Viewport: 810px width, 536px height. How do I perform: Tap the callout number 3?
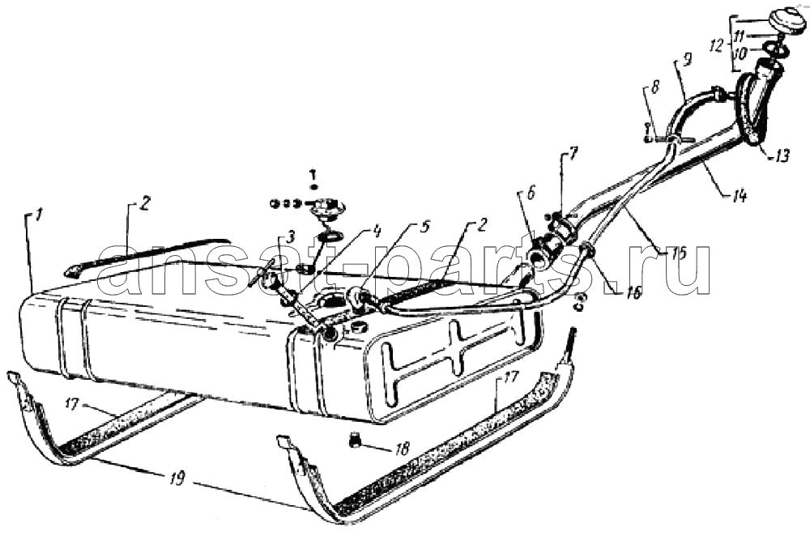tap(291, 238)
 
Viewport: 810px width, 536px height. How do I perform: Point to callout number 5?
tap(424, 228)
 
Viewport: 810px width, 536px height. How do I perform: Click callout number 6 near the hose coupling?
tap(530, 192)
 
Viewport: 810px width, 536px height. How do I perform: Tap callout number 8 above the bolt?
tap(654, 87)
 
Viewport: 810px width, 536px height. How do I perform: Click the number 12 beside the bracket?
tap(717, 46)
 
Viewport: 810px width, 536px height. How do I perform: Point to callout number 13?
tap(782, 155)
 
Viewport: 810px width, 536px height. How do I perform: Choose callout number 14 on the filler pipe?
tap(740, 195)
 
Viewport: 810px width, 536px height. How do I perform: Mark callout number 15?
tap(678, 253)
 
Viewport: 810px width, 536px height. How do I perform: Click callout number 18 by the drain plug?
tap(402, 449)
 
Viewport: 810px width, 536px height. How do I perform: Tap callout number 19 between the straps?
tap(176, 479)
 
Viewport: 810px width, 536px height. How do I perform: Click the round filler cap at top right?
tap(787, 22)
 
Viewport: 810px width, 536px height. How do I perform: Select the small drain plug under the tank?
tap(354, 440)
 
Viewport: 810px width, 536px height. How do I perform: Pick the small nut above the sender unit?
tap(313, 186)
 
